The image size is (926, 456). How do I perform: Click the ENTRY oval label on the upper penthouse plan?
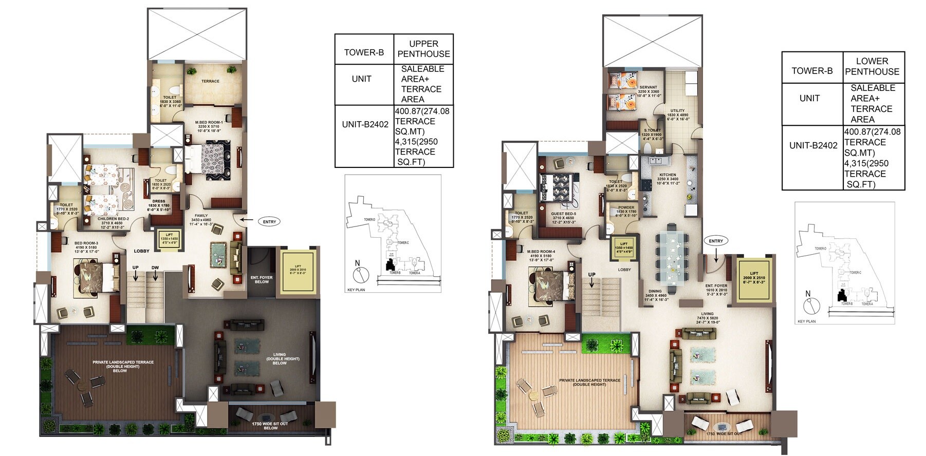269,222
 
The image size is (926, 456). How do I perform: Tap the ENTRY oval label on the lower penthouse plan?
716,241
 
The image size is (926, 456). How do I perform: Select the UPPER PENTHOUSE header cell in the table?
423,49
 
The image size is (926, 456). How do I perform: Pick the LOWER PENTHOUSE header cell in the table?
872,66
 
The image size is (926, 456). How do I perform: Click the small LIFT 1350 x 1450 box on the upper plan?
169,239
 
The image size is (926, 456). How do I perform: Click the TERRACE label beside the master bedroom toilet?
210,81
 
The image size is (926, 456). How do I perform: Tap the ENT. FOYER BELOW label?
262,279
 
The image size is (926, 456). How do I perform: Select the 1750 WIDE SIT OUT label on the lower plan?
724,434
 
